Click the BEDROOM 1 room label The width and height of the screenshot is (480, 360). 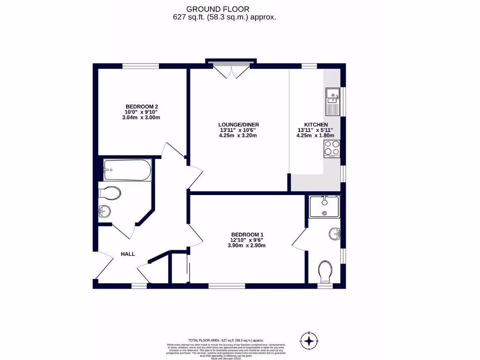[x=247, y=234]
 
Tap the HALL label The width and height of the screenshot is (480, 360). [x=128, y=254]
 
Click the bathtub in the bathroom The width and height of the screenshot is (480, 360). [x=127, y=170]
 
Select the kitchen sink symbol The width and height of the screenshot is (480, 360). [x=332, y=101]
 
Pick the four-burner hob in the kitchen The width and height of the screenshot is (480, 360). [x=332, y=149]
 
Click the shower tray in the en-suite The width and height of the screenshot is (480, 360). [x=324, y=207]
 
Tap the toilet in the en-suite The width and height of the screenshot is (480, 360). [x=324, y=271]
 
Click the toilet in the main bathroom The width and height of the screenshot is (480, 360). [x=111, y=193]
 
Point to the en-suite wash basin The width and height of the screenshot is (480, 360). [x=334, y=233]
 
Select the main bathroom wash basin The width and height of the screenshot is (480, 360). [x=105, y=212]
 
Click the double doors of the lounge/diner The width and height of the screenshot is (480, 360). [x=231, y=71]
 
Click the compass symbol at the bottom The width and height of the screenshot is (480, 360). [x=310, y=340]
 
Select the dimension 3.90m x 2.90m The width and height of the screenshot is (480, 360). [x=247, y=245]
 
